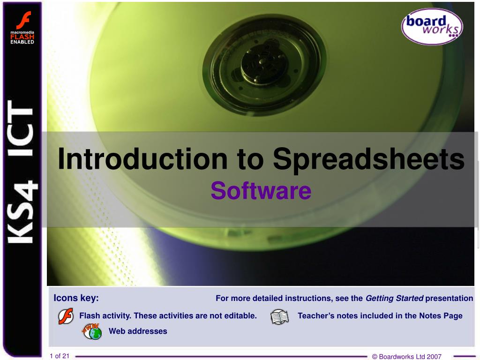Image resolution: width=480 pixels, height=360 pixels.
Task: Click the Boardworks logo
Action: (432, 27)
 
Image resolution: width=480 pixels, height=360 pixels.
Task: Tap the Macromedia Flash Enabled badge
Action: (22, 29)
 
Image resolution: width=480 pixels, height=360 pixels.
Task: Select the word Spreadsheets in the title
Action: (369, 159)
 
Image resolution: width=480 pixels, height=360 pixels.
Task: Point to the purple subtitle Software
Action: (261, 190)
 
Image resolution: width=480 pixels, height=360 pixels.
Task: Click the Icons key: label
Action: (76, 298)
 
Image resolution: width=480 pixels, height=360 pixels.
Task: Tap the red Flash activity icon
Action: (66, 316)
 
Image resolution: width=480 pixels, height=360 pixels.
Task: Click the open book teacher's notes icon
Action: (279, 317)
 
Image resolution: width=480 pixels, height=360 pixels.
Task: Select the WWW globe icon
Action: (92, 331)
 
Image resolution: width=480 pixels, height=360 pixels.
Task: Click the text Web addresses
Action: (138, 331)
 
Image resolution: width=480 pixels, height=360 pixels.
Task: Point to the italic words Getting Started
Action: (394, 298)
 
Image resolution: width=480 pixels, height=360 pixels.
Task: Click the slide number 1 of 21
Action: (60, 356)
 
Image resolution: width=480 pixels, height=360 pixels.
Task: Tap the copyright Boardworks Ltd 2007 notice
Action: (406, 356)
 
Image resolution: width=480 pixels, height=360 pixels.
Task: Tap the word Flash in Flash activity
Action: (89, 315)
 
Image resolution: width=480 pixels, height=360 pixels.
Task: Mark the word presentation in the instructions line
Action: (449, 298)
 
